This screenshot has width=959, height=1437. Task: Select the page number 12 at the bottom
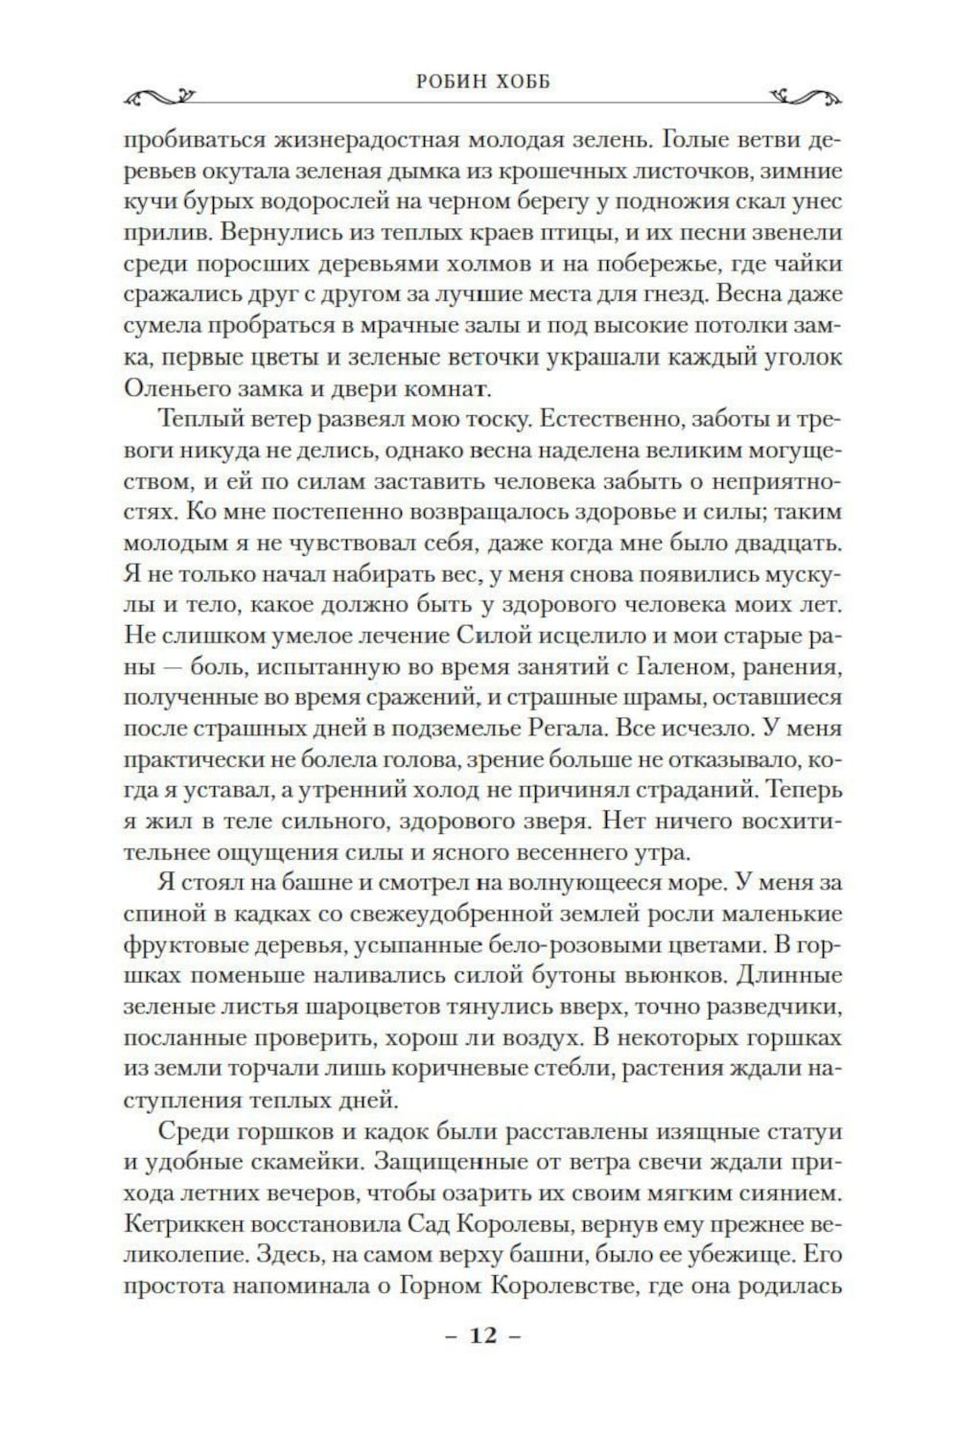tap(483, 1334)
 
